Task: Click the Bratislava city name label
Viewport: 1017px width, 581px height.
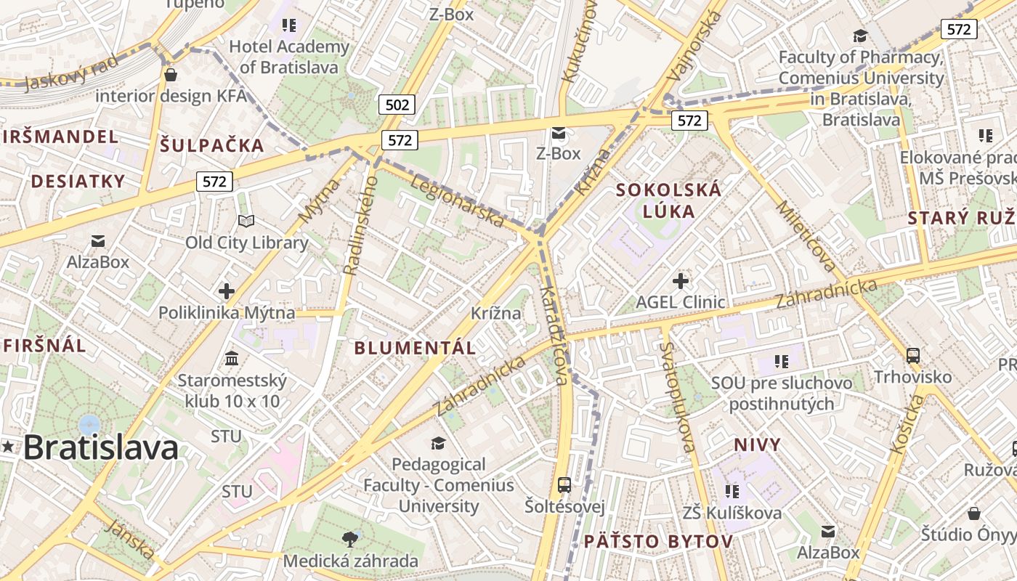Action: pyautogui.click(x=101, y=447)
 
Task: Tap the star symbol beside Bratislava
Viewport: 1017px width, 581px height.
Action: pyautogui.click(x=8, y=447)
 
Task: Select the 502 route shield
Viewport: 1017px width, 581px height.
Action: pyautogui.click(x=397, y=105)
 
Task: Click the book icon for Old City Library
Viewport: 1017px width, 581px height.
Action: pyautogui.click(x=246, y=221)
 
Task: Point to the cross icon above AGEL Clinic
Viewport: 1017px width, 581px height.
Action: pyautogui.click(x=681, y=280)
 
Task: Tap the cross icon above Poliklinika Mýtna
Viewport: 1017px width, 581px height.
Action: pyautogui.click(x=227, y=291)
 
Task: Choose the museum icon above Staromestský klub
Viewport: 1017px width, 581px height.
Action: pyautogui.click(x=232, y=358)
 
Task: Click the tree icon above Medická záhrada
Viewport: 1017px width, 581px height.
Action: pyautogui.click(x=350, y=539)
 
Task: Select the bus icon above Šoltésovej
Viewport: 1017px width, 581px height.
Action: pyautogui.click(x=564, y=484)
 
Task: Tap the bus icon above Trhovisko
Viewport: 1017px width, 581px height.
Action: pyautogui.click(x=913, y=356)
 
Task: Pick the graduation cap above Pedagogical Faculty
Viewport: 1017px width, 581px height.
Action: pyautogui.click(x=438, y=443)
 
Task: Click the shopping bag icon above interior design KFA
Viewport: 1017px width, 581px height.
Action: pyautogui.click(x=171, y=74)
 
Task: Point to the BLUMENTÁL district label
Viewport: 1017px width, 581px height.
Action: pyautogui.click(x=415, y=348)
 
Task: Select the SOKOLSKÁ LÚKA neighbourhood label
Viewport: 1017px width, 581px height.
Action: pyautogui.click(x=668, y=200)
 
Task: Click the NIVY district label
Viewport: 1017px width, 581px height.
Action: pyautogui.click(x=757, y=444)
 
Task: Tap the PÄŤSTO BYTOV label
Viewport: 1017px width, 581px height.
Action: pyautogui.click(x=658, y=542)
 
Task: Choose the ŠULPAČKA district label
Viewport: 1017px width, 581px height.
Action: pyautogui.click(x=211, y=145)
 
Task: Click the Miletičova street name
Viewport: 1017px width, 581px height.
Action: pyautogui.click(x=806, y=237)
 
